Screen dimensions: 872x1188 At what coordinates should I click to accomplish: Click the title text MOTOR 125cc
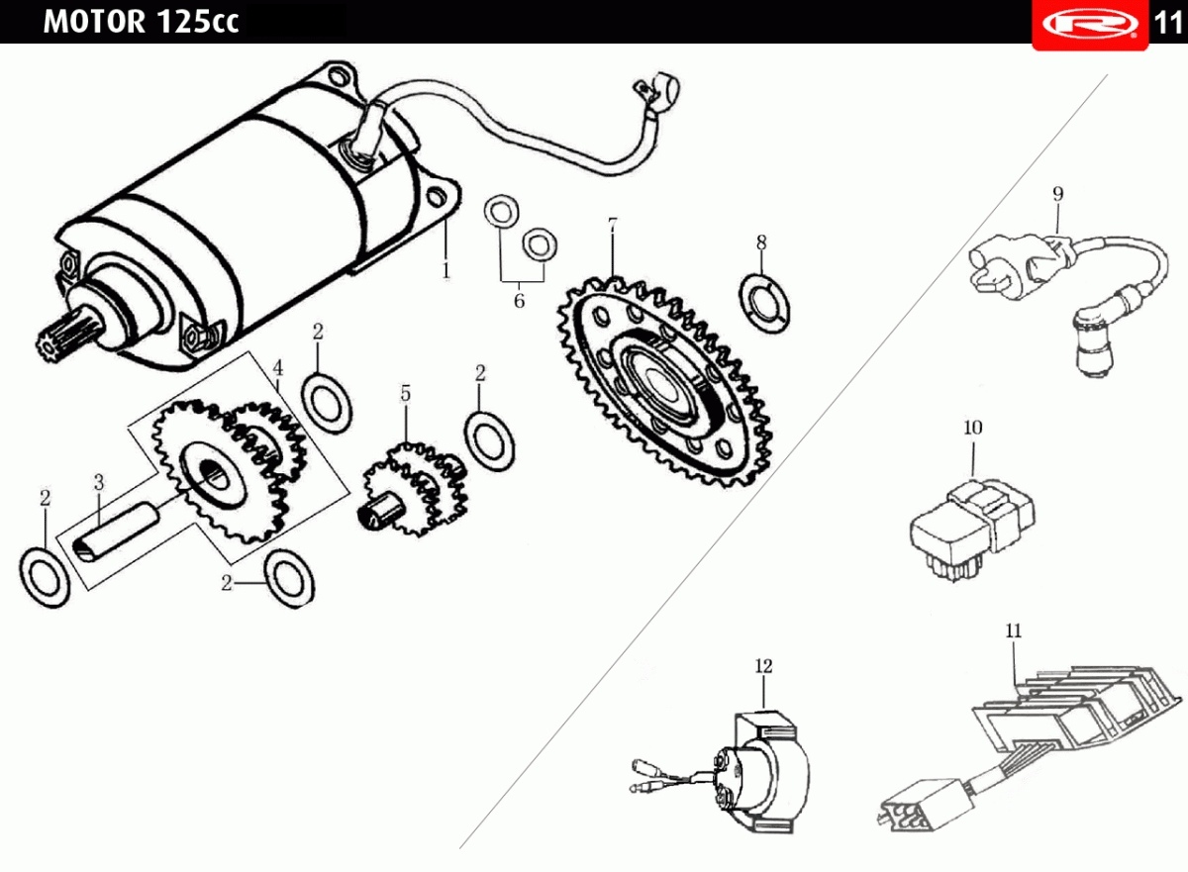141,22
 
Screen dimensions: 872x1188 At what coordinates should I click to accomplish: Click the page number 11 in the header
1168,23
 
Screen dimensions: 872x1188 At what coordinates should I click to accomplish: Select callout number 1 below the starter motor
445,269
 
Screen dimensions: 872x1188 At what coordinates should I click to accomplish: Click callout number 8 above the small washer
760,242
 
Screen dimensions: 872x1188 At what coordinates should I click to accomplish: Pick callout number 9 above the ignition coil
1057,193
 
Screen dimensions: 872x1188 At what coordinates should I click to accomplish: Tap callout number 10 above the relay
972,428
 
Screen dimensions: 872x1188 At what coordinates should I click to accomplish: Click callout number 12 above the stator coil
763,666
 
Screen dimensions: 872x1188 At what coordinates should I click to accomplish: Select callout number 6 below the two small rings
519,301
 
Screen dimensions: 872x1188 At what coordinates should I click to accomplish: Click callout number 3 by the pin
99,482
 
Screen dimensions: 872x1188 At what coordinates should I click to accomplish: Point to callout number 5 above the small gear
405,393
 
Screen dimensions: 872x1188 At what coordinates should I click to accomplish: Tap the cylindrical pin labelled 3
114,535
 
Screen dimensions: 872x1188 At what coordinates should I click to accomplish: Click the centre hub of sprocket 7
657,380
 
